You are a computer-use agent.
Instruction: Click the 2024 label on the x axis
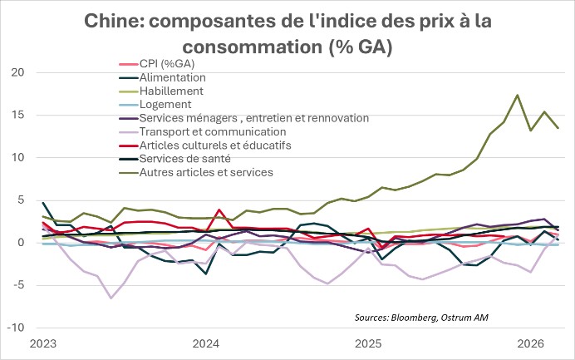coord(205,343)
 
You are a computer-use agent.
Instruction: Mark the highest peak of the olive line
coord(518,95)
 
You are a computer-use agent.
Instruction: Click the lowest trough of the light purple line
coord(111,298)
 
